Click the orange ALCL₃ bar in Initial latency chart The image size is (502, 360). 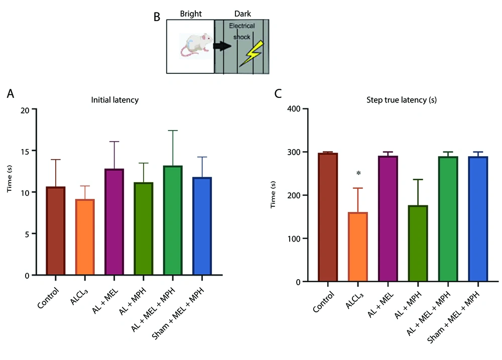point(84,237)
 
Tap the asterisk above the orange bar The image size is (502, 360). point(358,173)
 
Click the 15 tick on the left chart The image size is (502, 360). point(31,151)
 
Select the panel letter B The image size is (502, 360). point(157,17)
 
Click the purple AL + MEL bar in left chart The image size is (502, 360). point(114,222)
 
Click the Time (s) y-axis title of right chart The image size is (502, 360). point(274,195)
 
